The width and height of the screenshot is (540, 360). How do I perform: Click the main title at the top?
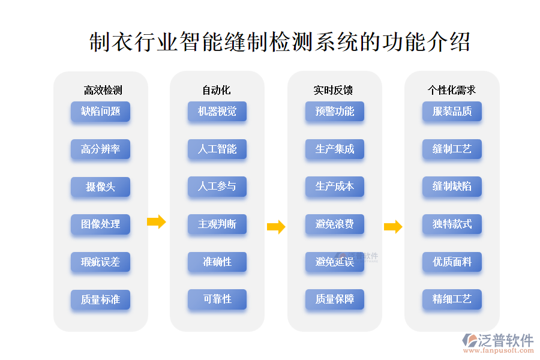(x=280, y=43)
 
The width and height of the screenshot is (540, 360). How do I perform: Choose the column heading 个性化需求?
(x=451, y=90)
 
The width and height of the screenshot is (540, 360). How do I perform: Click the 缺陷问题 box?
(x=100, y=112)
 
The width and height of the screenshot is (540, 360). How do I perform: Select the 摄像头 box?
(x=100, y=187)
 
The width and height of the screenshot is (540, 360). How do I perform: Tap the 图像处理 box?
(x=100, y=224)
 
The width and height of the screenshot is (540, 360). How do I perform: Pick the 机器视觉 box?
(x=217, y=112)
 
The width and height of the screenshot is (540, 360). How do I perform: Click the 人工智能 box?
(x=217, y=149)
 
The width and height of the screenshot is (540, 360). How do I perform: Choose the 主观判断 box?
(x=217, y=224)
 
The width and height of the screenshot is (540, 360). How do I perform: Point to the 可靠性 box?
(x=217, y=299)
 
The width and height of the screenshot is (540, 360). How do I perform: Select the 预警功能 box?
(x=335, y=112)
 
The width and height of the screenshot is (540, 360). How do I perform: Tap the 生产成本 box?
(x=335, y=187)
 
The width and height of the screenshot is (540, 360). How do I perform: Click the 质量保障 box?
(x=335, y=299)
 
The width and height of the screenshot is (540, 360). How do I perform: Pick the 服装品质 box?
(x=452, y=112)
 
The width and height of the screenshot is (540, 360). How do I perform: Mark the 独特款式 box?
(x=452, y=224)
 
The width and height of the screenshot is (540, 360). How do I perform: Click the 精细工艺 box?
(x=452, y=299)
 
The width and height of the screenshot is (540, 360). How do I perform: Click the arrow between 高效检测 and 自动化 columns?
(x=156, y=222)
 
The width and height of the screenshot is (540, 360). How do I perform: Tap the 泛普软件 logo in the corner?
(x=498, y=343)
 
